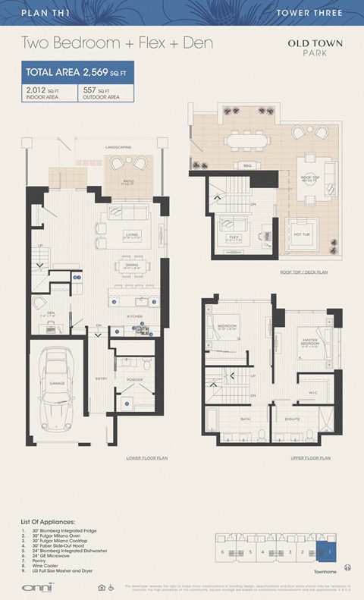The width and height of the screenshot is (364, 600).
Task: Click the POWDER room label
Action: (134, 379)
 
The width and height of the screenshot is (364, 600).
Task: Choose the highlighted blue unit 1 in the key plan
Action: (330, 551)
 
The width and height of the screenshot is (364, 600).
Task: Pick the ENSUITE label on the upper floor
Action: (293, 418)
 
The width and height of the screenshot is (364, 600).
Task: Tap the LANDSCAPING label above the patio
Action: (118, 146)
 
